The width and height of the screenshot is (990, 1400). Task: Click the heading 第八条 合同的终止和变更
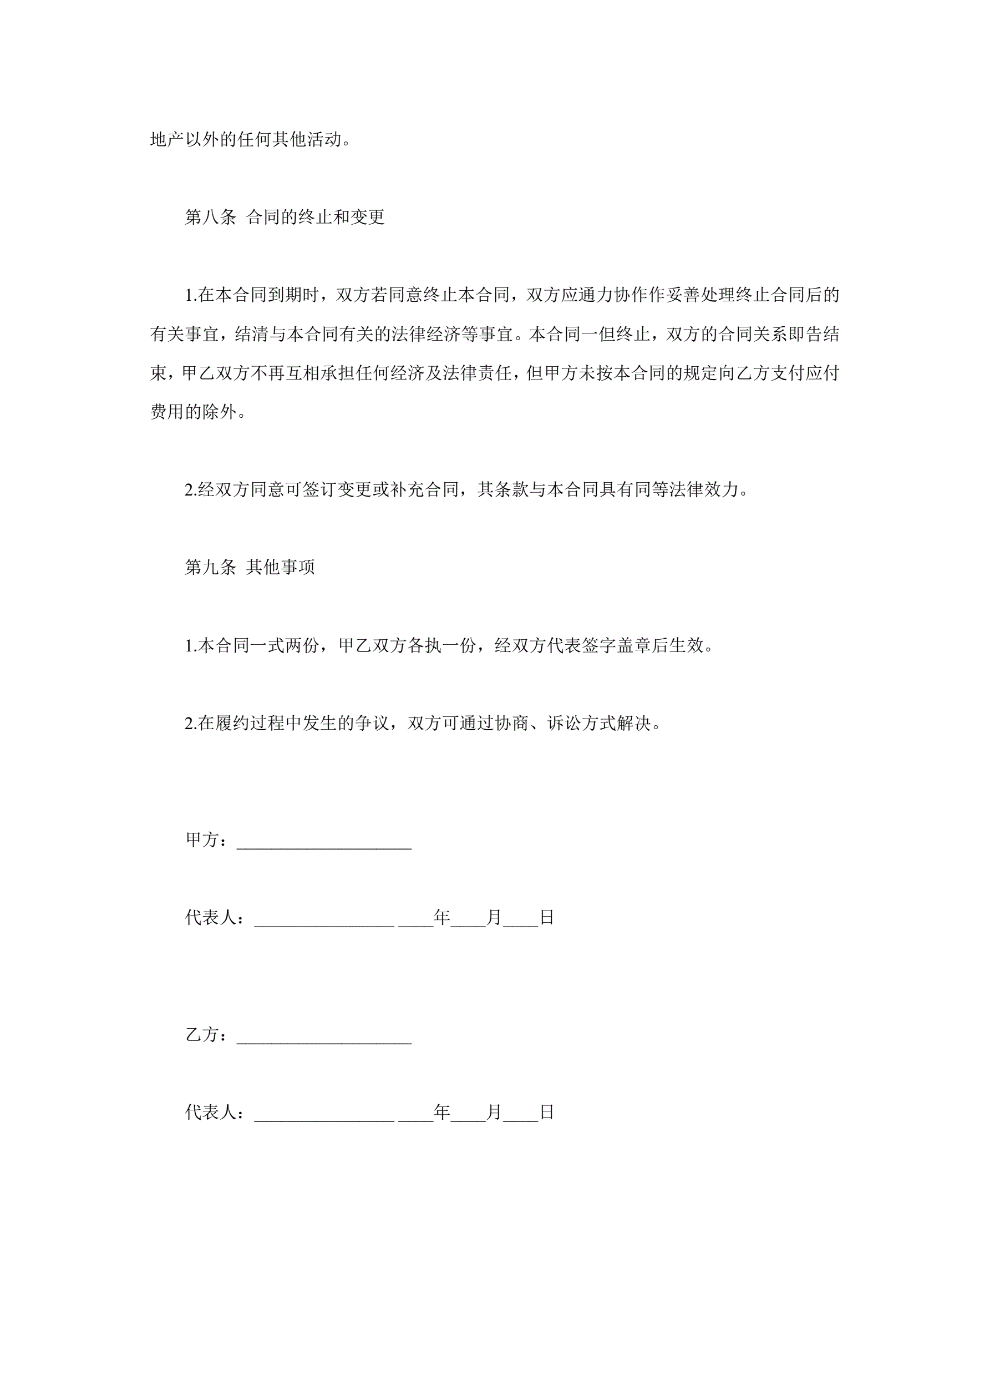(x=285, y=217)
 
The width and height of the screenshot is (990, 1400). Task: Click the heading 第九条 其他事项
(x=250, y=567)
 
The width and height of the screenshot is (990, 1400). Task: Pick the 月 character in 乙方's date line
(x=494, y=1112)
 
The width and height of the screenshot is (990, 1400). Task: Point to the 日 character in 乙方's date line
(x=547, y=1112)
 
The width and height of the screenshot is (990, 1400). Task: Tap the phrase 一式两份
(x=285, y=645)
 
